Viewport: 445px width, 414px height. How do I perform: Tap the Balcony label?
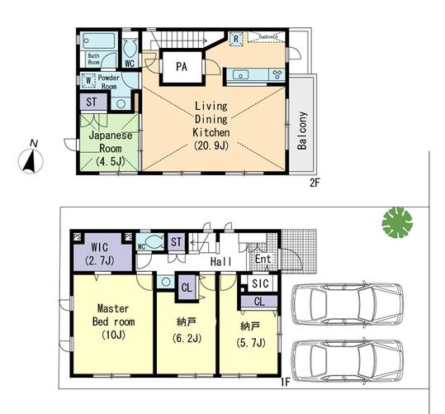tap(302, 130)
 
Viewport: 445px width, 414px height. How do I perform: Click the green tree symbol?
tap(396, 222)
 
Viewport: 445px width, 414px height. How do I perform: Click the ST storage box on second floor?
tap(92, 102)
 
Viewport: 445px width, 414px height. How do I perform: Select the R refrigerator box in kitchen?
tap(236, 38)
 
